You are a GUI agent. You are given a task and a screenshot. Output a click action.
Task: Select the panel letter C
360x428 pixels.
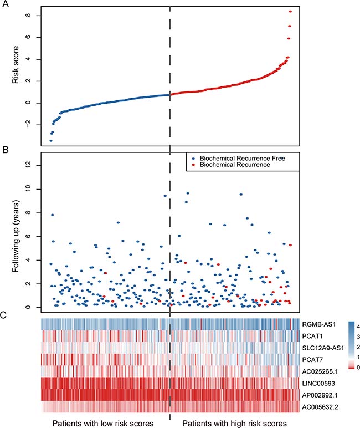click(5, 315)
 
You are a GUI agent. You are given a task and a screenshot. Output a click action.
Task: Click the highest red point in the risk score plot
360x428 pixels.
click(290, 11)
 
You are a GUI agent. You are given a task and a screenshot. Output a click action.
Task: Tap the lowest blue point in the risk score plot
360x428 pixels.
click(50, 141)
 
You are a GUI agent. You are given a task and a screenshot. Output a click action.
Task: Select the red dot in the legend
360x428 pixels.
click(192, 165)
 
